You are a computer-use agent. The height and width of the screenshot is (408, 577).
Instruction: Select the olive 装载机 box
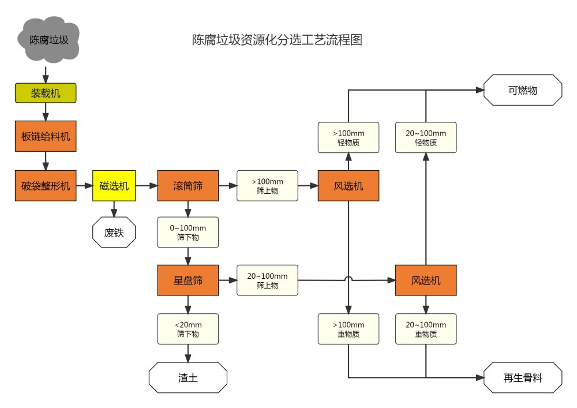tap(45, 92)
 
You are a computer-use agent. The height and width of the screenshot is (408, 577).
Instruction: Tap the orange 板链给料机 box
tap(45, 136)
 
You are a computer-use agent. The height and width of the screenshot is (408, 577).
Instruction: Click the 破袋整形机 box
tap(45, 186)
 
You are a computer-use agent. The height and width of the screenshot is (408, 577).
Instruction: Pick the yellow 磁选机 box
tap(114, 186)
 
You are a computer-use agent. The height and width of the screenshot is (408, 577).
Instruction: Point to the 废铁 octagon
tap(114, 233)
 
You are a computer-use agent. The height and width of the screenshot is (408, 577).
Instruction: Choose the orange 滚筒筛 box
tap(188, 186)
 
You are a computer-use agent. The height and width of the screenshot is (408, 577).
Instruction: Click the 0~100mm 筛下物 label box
tap(188, 233)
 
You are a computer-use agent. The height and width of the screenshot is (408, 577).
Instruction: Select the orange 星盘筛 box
tap(188, 280)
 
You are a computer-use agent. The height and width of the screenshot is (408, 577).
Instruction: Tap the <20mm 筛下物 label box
tap(188, 329)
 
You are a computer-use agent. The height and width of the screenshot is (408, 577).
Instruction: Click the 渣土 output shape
tap(188, 378)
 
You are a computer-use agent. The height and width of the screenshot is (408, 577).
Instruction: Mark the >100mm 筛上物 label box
tap(267, 186)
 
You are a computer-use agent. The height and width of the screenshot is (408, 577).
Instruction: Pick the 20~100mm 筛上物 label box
tap(267, 280)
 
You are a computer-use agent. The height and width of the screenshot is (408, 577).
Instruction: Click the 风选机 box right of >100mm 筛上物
tap(348, 186)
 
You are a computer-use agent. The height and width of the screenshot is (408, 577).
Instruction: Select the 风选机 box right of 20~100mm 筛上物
tap(425, 280)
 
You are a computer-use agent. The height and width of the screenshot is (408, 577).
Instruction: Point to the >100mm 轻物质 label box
tap(348, 137)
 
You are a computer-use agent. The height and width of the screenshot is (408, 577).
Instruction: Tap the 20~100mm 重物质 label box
tap(425, 329)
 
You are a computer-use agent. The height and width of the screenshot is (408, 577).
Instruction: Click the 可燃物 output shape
tap(522, 90)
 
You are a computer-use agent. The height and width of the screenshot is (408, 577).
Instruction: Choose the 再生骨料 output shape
tap(522, 378)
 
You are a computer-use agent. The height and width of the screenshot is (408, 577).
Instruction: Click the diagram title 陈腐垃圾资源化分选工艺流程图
tap(277, 40)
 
